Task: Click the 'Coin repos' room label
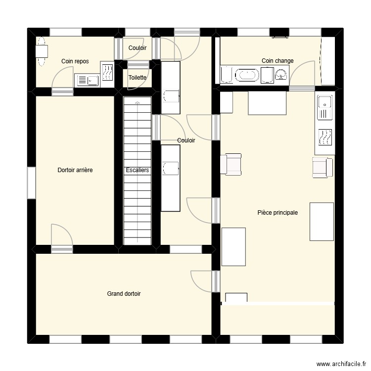(x=75, y=61)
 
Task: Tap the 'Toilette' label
(x=137, y=78)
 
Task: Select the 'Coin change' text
(x=278, y=61)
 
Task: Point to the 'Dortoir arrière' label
(x=75, y=170)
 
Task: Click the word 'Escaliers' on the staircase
(x=138, y=170)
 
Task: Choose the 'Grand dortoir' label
(x=124, y=294)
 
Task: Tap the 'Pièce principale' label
(x=278, y=213)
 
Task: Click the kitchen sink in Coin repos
(x=87, y=80)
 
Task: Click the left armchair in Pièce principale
(x=231, y=164)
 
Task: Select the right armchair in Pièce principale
(x=323, y=167)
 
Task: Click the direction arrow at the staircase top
(x=137, y=101)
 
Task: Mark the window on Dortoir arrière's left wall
(x=31, y=183)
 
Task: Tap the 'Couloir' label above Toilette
(x=137, y=48)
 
